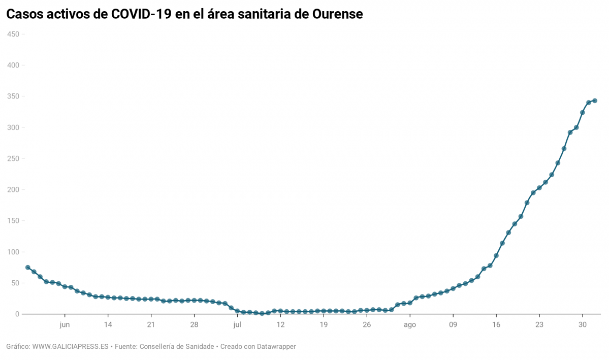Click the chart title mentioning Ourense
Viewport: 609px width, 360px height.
(x=184, y=14)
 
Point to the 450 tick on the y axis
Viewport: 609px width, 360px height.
(x=13, y=34)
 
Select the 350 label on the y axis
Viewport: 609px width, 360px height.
(x=13, y=96)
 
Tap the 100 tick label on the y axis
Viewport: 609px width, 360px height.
(x=13, y=252)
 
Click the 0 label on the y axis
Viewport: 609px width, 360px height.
(x=17, y=314)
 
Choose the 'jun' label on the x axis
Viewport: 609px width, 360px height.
(x=65, y=324)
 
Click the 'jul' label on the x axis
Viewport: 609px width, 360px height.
(x=237, y=324)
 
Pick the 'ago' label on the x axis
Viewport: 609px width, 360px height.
(x=410, y=324)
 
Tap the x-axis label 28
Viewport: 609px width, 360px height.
(x=194, y=324)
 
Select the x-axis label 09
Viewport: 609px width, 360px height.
(x=453, y=324)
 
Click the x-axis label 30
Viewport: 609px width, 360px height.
(x=583, y=324)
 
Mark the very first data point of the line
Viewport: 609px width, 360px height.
(x=28, y=268)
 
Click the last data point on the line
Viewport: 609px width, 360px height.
(x=595, y=101)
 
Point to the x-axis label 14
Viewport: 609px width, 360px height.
(x=108, y=324)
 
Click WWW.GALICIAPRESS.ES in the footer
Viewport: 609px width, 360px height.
(x=71, y=347)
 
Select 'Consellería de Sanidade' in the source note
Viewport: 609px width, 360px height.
(x=176, y=347)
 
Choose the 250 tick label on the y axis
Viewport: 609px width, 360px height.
(x=13, y=158)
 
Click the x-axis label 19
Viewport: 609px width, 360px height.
(x=324, y=324)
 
